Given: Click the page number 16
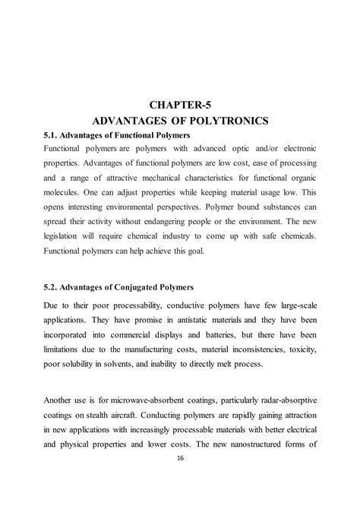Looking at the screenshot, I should [x=180, y=459].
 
